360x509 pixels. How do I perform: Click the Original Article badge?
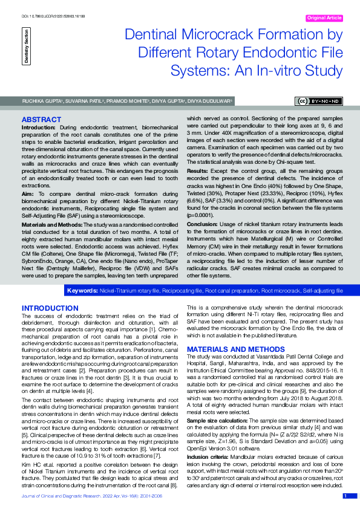click(x=324, y=19)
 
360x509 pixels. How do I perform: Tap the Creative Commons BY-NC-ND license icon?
click(x=318, y=101)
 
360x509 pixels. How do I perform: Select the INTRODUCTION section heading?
click(x=50, y=308)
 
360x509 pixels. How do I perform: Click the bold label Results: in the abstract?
click(x=197, y=171)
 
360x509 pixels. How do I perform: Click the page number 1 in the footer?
click(x=345, y=496)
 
